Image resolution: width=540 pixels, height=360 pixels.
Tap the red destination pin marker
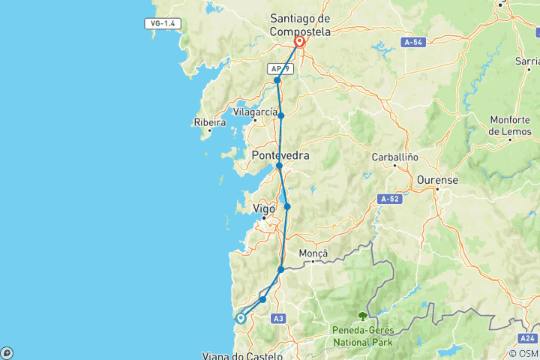point(299,41)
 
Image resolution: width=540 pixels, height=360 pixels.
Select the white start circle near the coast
point(241,318)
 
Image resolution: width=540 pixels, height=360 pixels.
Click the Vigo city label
point(265,209)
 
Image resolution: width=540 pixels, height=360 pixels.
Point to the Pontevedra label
point(280,155)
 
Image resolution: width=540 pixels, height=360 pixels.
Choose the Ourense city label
point(437,180)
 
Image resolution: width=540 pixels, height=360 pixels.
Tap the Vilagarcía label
point(255,111)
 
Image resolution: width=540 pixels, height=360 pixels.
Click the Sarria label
point(526,61)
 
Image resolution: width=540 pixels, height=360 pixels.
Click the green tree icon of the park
point(363,316)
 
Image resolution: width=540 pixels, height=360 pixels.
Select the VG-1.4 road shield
point(163,24)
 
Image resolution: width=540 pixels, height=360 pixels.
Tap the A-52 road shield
point(389,199)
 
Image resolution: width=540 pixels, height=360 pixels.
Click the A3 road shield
point(278,319)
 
